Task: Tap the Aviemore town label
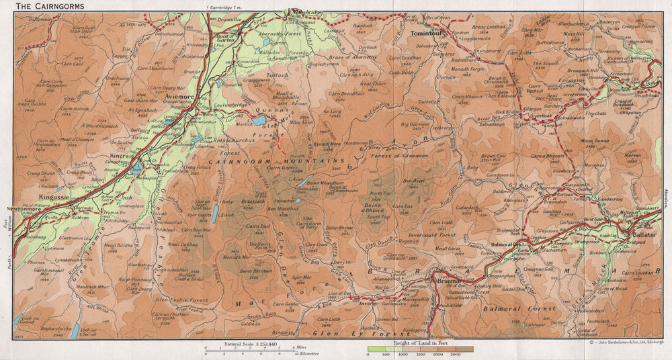pyautogui.click(x=177, y=97)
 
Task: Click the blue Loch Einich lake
pyautogui.click(x=214, y=214)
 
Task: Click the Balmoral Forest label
pyautogui.click(x=519, y=308)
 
